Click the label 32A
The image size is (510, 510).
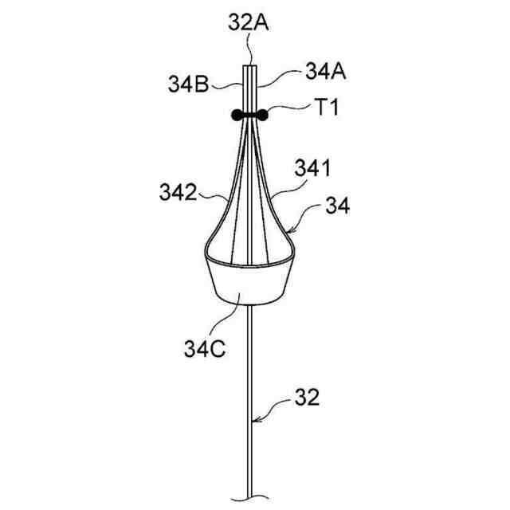coord(248,23)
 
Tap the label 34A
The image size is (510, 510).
coord(325,71)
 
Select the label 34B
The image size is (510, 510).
coord(188,84)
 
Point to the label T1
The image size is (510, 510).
coord(328,107)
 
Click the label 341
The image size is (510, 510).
coord(312,168)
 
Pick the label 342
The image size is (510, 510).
coord(178,192)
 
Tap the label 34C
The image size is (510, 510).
coord(205,349)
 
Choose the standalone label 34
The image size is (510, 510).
coord(338,206)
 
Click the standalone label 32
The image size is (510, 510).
coord(307,397)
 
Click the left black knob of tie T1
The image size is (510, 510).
coord(237,115)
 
